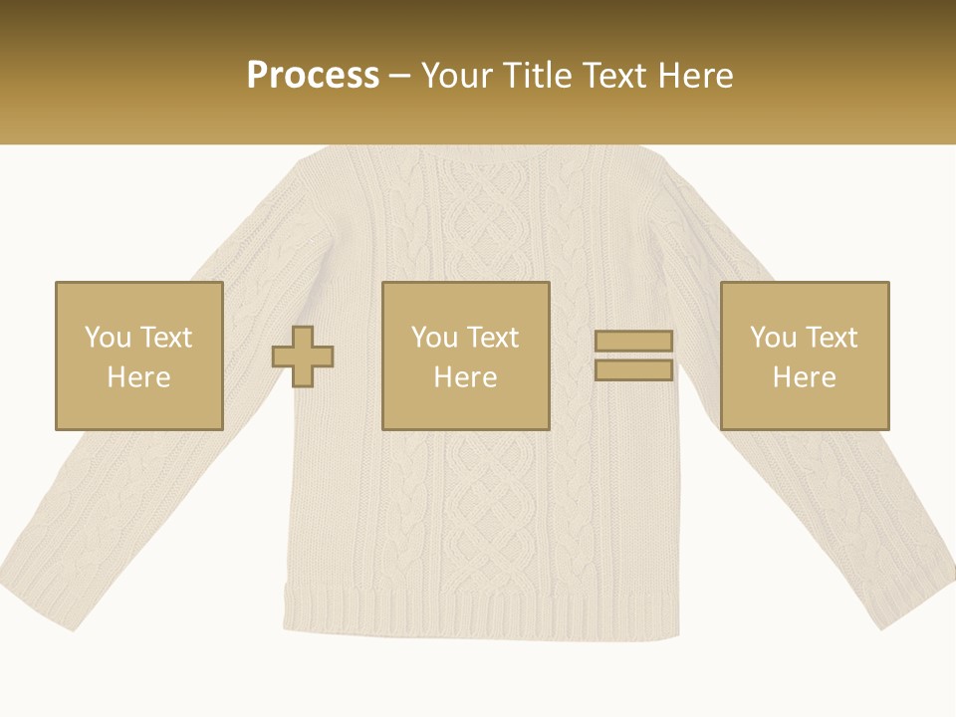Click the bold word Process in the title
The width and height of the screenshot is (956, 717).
313,76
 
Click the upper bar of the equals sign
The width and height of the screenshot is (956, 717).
633,341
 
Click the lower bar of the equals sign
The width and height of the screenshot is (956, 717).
633,370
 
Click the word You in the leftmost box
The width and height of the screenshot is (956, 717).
108,338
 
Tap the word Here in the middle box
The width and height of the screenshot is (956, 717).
465,377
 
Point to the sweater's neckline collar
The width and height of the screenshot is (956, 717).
478,155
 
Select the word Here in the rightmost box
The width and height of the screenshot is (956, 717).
804,377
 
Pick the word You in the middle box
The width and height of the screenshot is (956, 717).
434,338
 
